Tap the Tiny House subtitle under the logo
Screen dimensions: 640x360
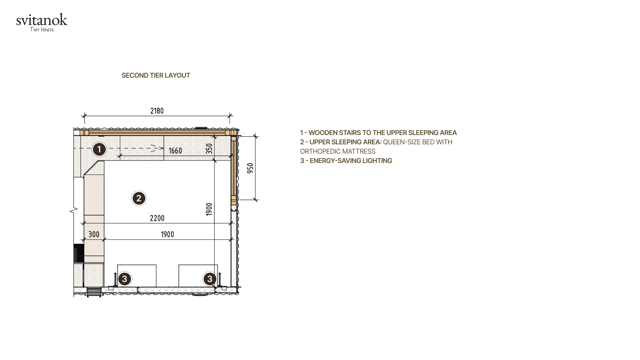tap(42, 30)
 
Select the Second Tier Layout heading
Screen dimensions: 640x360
tap(156, 75)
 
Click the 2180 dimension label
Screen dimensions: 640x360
tap(157, 111)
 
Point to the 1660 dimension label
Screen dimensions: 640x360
tap(175, 151)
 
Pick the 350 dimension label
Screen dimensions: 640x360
tap(209, 148)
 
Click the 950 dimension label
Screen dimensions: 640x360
tap(250, 168)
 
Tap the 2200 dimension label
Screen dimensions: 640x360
tap(157, 218)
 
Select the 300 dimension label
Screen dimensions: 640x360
tap(94, 234)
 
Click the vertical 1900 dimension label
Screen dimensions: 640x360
tap(209, 209)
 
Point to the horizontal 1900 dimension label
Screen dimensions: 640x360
tap(167, 234)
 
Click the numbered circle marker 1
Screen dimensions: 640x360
tap(99, 149)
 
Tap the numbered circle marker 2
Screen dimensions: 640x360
tap(139, 198)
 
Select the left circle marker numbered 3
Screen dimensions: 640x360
tap(125, 279)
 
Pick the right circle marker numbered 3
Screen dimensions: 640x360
tap(210, 279)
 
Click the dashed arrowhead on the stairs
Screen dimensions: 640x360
tap(157, 148)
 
